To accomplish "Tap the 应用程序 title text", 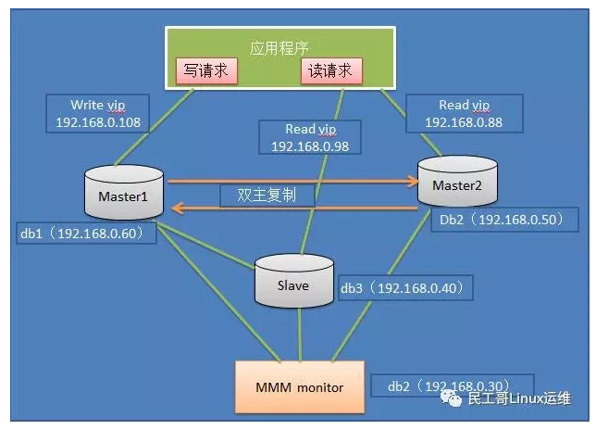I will pyautogui.click(x=277, y=46).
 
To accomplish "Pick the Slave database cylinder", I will pyautogui.click(x=293, y=281).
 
